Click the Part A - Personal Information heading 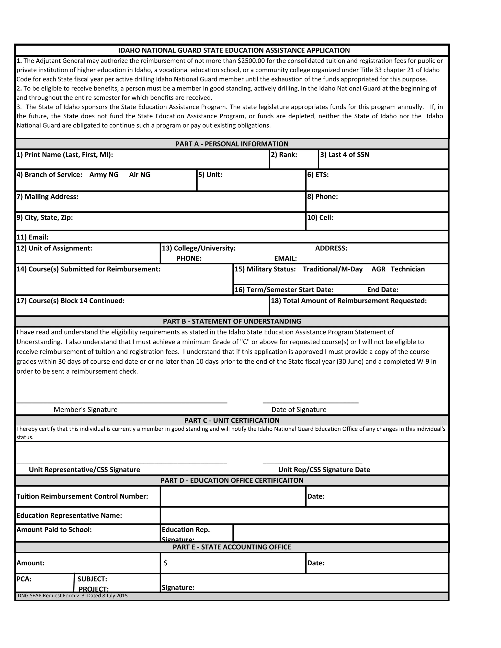coord(232,144)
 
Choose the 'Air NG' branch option coord(139,175)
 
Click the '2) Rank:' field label coord(284,155)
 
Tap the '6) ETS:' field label coord(318,175)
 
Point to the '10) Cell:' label coord(320,217)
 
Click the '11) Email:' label coord(32,237)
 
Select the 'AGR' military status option coord(378,269)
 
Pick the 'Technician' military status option coord(408,269)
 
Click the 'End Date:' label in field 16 coord(383,290)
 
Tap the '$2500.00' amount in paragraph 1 coord(251,61)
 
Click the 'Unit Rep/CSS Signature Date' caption coord(324,470)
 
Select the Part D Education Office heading coord(232,480)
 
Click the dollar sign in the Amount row coord(165,563)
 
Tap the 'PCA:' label coord(24,579)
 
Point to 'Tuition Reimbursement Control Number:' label coord(82,496)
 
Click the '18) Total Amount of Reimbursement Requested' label coord(349,301)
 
